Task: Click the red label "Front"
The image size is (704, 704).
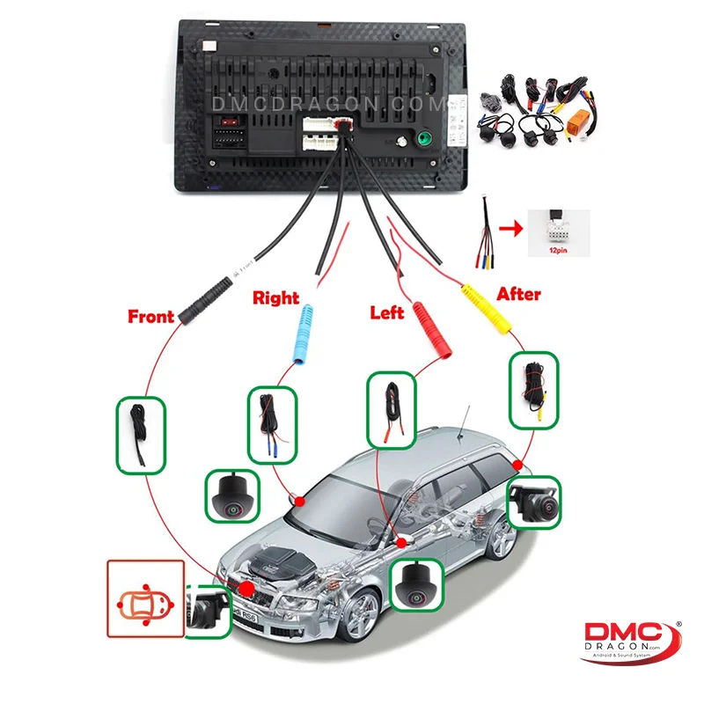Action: click(150, 315)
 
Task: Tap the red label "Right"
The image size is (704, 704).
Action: click(275, 297)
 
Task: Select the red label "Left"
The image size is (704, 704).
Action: click(387, 312)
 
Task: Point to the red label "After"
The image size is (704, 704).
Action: click(518, 293)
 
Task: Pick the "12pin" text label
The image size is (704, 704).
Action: click(557, 251)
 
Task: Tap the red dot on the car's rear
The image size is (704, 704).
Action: click(518, 465)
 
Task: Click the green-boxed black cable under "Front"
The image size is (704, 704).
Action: click(140, 435)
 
